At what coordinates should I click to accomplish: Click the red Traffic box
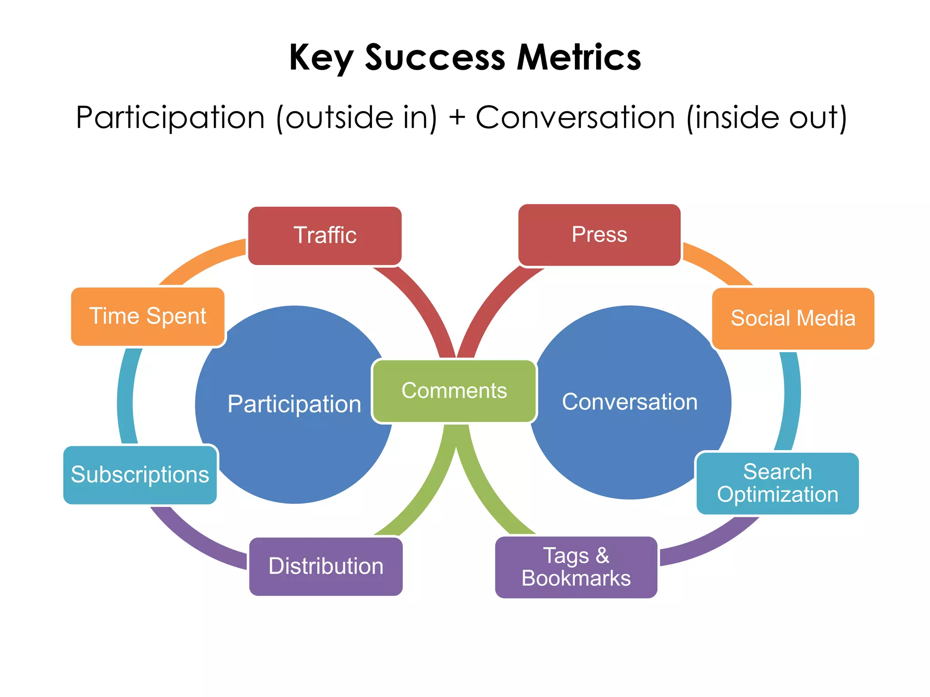point(325,236)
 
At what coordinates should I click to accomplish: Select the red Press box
point(599,235)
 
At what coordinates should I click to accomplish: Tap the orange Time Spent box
point(148,316)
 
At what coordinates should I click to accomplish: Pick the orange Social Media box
point(793,318)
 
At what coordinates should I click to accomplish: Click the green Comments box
point(454,391)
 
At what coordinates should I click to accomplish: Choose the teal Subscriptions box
point(140,475)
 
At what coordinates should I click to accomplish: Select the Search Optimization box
point(777,483)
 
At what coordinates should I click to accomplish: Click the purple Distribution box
point(326,566)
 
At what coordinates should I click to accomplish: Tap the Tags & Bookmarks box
point(576,567)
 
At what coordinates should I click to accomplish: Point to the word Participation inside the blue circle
point(294,404)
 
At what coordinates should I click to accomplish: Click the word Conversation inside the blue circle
point(629,402)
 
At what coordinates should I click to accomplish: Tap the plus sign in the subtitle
point(456,118)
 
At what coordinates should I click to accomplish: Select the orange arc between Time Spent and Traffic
point(200,261)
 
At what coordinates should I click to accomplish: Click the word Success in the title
point(435,58)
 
